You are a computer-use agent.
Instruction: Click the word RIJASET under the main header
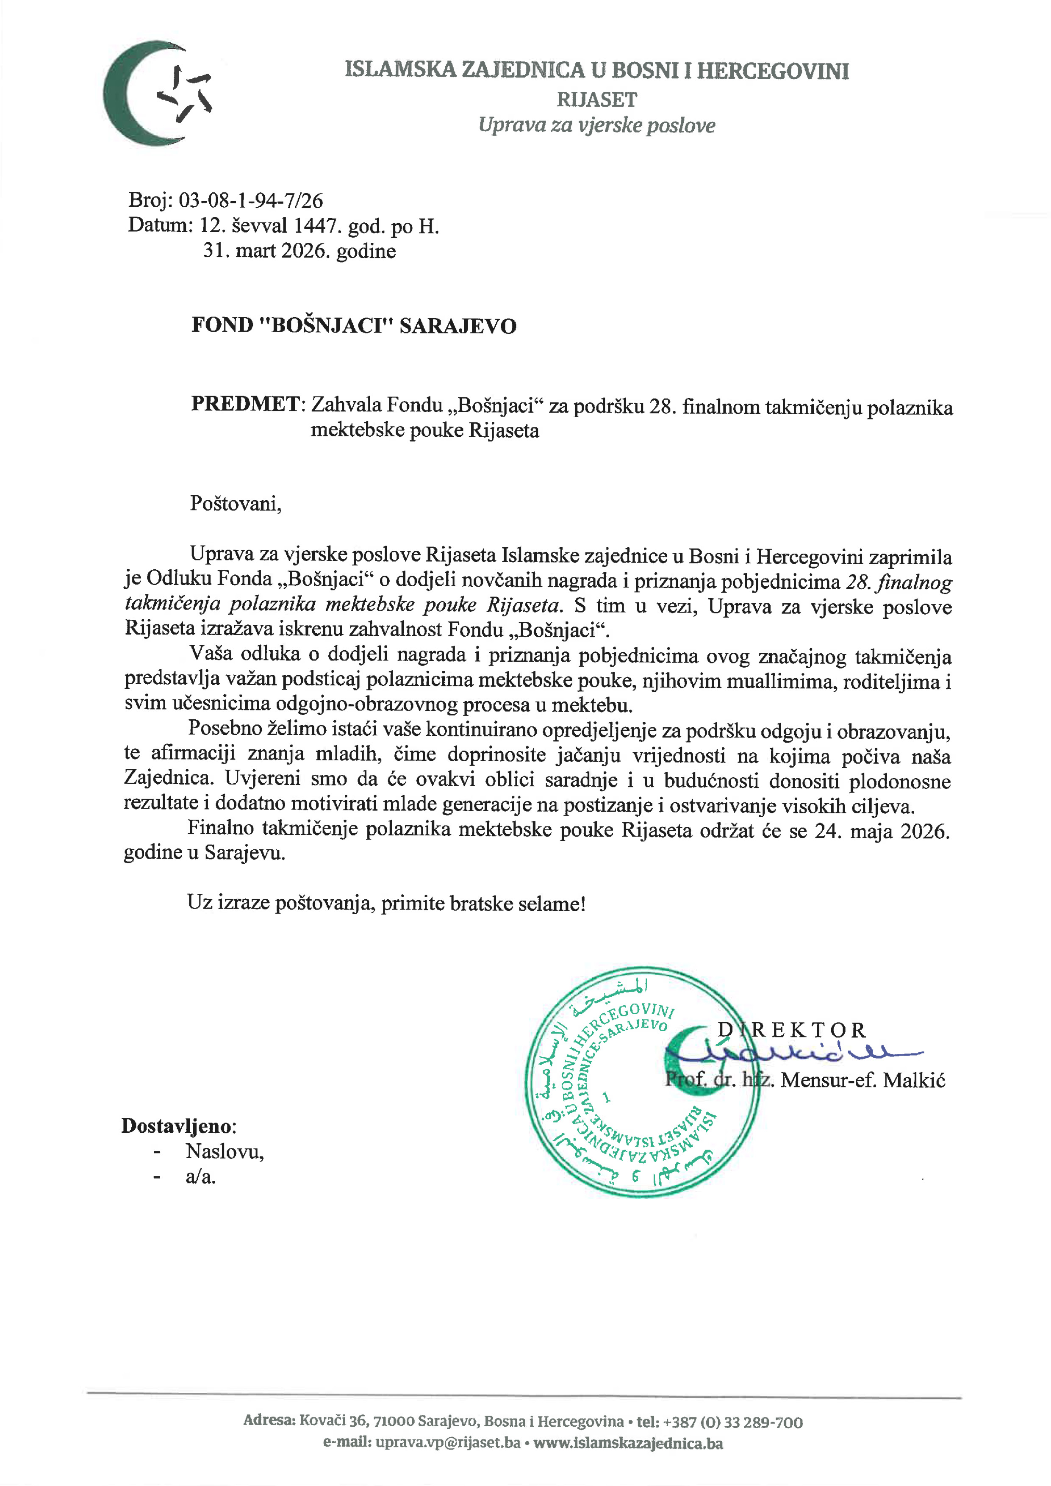tap(597, 100)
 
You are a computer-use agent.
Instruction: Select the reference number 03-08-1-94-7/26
tap(250, 201)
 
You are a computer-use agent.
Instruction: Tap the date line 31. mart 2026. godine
tap(299, 251)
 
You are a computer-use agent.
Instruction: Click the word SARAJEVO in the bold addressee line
tap(458, 326)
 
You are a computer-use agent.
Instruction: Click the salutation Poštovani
tap(235, 504)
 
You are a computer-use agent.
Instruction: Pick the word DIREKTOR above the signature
tap(791, 1030)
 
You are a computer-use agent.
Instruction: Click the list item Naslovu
tap(225, 1151)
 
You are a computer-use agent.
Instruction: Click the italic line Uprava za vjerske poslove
tap(597, 125)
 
